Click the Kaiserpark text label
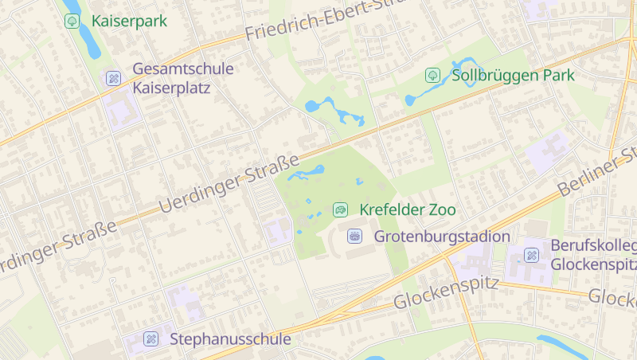(x=129, y=21)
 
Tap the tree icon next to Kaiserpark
(x=72, y=21)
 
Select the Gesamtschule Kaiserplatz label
(x=183, y=78)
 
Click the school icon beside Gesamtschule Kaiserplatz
(x=113, y=78)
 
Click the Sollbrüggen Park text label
(x=513, y=76)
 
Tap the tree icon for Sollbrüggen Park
(x=433, y=76)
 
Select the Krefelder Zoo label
(x=408, y=210)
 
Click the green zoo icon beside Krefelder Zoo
(x=340, y=210)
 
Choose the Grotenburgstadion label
(x=442, y=237)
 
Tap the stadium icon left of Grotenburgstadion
(x=355, y=237)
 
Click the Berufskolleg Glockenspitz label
(x=593, y=255)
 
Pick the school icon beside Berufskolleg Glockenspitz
(x=531, y=255)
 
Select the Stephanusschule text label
(x=230, y=339)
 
